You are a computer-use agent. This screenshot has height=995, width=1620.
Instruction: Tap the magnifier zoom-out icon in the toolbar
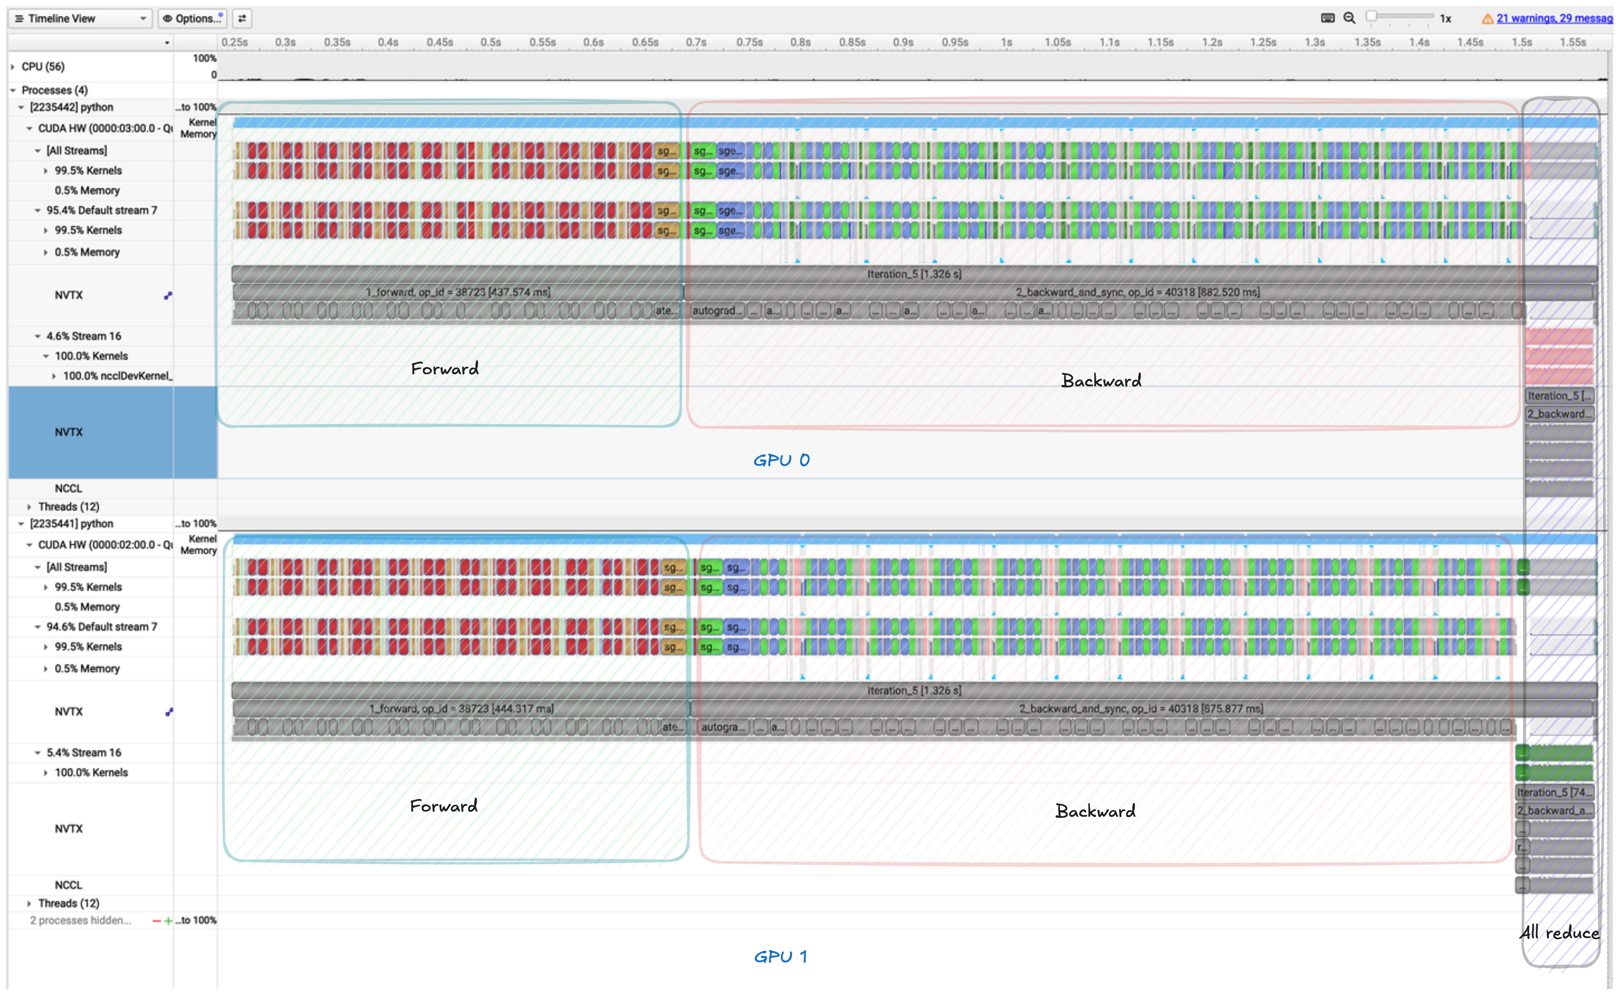coord(1349,18)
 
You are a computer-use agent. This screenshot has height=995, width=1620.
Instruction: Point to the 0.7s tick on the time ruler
coord(696,42)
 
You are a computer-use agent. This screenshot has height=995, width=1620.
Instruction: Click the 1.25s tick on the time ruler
coord(1263,42)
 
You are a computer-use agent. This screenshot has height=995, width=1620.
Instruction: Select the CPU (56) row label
coord(43,67)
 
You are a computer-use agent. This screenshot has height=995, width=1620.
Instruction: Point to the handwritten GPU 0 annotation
coord(782,460)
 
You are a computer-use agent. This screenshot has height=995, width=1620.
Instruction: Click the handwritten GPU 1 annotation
coord(781,956)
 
